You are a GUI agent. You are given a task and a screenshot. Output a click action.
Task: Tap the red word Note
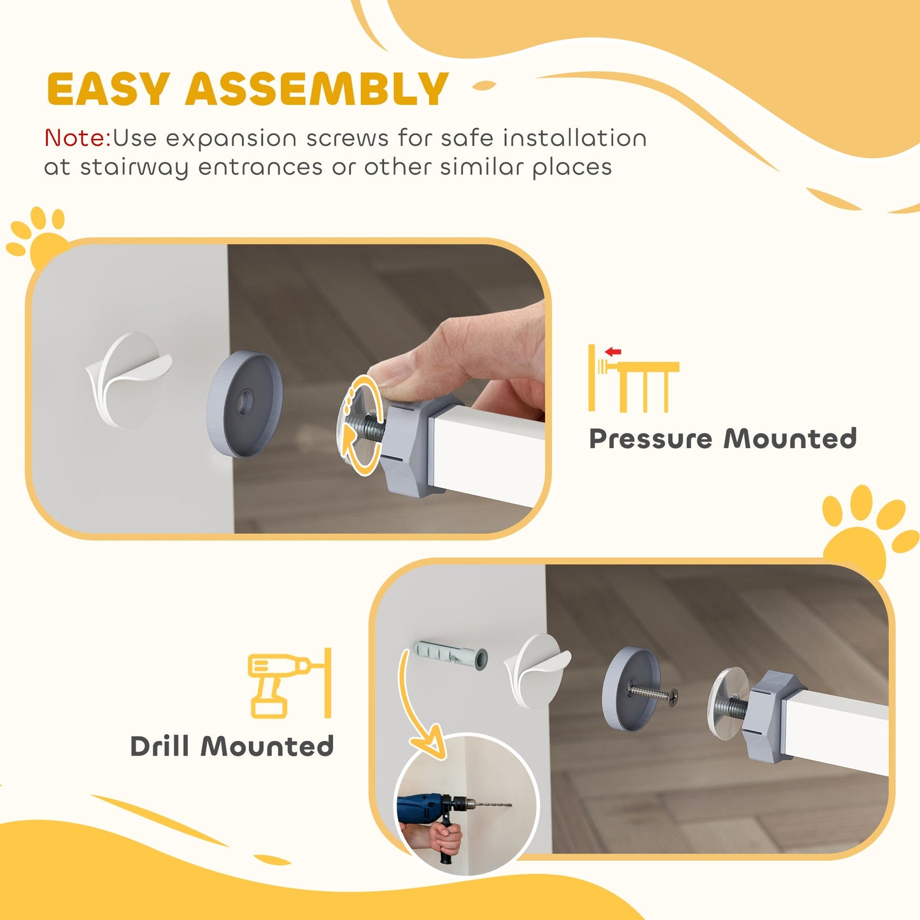click(x=76, y=138)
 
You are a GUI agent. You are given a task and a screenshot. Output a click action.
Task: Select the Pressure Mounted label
click(x=723, y=439)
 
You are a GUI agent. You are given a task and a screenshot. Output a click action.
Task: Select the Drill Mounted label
click(x=232, y=746)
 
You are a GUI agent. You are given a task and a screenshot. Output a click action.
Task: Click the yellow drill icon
click(x=280, y=684)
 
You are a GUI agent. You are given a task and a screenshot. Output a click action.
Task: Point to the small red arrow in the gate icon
click(x=613, y=351)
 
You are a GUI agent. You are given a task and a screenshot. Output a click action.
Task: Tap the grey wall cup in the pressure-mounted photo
click(x=244, y=403)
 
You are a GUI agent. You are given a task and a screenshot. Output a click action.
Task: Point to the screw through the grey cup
click(x=653, y=693)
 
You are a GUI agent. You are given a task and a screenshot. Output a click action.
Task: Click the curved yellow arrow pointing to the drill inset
click(x=417, y=707)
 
